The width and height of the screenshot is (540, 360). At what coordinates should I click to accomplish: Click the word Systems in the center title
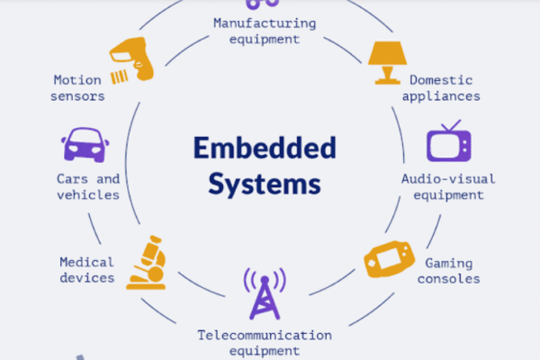click(265, 184)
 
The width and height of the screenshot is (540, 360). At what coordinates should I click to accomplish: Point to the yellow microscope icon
click(146, 263)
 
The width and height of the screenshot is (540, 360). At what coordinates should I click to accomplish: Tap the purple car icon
click(85, 143)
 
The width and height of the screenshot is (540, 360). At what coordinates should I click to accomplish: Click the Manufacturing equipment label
click(265, 31)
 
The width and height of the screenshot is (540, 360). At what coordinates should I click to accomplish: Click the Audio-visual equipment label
click(448, 186)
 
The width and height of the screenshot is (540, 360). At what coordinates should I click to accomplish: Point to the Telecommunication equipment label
click(265, 343)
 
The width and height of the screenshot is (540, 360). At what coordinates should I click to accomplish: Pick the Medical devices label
click(87, 270)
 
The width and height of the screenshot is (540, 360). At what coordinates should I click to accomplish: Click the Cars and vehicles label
click(87, 186)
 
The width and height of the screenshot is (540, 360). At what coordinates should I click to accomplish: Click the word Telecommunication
click(265, 336)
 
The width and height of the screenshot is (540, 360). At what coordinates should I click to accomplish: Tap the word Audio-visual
click(448, 178)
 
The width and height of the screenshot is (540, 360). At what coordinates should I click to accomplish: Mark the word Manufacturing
click(265, 22)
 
